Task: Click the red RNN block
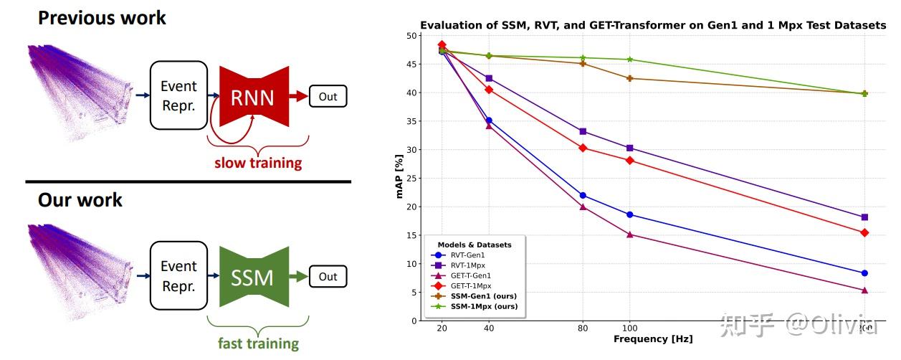(x=252, y=97)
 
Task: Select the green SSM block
(x=252, y=277)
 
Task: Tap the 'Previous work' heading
(x=102, y=18)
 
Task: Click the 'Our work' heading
(x=80, y=199)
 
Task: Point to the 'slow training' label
(x=258, y=163)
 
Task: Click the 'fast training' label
(x=258, y=343)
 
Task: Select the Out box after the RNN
(x=328, y=96)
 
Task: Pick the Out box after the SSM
(x=328, y=277)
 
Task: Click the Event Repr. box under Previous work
(x=178, y=95)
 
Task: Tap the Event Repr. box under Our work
(x=178, y=275)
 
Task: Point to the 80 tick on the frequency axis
(x=583, y=328)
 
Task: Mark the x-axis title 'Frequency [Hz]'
(x=653, y=338)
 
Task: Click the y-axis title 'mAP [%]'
(x=401, y=177)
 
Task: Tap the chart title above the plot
(x=653, y=25)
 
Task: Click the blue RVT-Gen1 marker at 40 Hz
(x=489, y=120)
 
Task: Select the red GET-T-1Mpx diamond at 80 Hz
(x=583, y=148)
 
